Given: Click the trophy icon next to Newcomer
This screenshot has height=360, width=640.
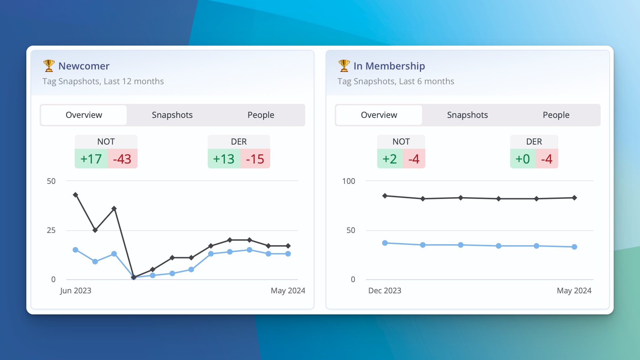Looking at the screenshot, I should point(49,66).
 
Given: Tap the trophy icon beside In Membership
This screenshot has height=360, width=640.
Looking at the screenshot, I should point(344,66).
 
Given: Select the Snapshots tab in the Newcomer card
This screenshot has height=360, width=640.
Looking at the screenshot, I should point(172,115).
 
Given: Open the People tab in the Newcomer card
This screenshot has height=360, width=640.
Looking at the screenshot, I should point(261,115).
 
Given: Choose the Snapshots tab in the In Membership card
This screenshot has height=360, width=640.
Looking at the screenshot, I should point(467,115).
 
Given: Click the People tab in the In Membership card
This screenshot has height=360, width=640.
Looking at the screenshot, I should point(556,115).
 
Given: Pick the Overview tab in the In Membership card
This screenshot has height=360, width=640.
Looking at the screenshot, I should point(379,115).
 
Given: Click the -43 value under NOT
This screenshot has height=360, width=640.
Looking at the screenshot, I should point(122,159).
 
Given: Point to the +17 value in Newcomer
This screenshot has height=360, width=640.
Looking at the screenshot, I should point(91,159).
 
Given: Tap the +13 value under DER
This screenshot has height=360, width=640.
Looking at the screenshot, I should point(224,159).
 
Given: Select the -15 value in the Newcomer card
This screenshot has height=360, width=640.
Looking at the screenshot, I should point(255,159).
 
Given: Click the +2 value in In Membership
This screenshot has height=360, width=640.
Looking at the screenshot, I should point(390,159).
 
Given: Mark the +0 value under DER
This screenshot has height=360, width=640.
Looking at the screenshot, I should point(523,159).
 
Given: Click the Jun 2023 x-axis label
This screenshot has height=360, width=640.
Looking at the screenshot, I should point(75,291).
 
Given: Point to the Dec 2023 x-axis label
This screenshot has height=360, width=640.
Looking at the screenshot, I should point(385,291).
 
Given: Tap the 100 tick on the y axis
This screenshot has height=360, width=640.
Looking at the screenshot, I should point(348,181).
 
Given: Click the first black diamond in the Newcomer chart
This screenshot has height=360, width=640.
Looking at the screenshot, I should point(75,195).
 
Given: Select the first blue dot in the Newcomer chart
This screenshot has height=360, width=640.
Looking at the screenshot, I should point(75,250).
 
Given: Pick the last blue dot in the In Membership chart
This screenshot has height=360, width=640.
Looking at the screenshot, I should point(574,247).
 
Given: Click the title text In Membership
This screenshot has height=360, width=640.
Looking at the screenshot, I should point(389,66).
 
